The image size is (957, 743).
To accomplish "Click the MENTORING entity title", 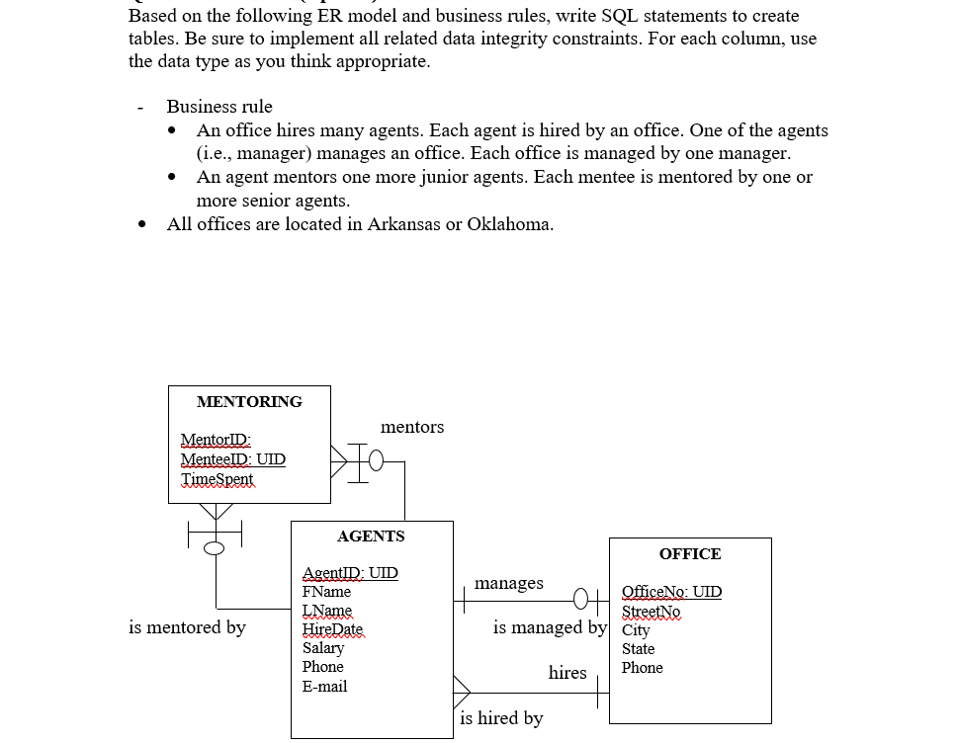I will point(249,402).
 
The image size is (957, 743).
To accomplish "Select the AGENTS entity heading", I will point(371,537).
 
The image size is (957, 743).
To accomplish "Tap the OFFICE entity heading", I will point(689,554).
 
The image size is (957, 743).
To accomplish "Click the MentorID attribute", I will point(216,441).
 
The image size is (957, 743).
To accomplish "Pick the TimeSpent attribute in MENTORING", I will point(217,479).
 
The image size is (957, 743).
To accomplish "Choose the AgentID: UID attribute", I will point(350,573).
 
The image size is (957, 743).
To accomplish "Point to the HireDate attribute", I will point(332,629).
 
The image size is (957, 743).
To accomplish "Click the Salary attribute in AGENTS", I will point(323,648).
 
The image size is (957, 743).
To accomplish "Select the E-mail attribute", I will point(324,687).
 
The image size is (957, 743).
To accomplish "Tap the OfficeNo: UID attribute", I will point(671,592).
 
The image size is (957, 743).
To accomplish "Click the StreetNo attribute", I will point(651,612).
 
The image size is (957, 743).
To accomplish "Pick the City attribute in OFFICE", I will point(636,630).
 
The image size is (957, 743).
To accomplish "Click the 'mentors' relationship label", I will point(412,427).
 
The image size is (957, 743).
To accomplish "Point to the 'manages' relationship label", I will point(508,583).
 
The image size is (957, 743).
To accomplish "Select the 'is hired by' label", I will point(501,718).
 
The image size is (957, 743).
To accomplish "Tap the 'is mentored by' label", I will point(187,627).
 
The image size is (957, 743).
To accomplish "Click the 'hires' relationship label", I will point(567,673).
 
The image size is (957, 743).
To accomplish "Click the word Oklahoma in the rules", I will point(509,224).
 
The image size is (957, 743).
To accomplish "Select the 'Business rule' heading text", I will point(219,107).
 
